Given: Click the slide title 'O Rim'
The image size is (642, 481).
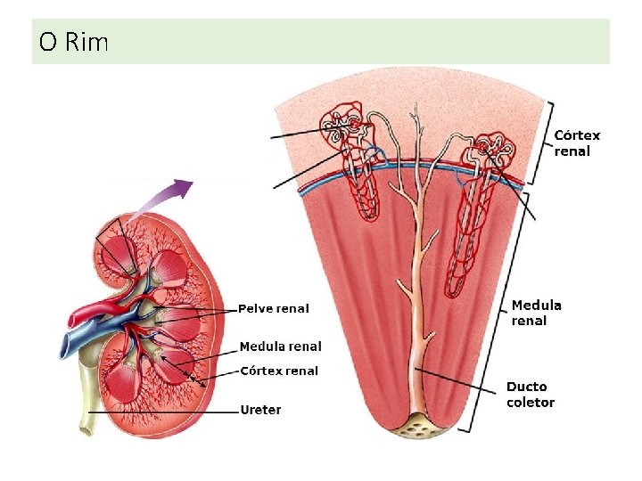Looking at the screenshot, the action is point(74,42).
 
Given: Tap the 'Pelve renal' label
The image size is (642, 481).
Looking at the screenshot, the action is point(274,308).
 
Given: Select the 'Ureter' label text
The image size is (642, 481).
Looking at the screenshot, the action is point(260,410).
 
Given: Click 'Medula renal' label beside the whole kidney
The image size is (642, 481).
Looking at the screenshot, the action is point(281,346).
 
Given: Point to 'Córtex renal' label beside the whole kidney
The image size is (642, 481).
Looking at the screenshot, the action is point(279,371).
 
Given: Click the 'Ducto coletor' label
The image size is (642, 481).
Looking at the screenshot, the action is point(531,395).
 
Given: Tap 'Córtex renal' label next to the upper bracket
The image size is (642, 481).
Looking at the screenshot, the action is point(577,143).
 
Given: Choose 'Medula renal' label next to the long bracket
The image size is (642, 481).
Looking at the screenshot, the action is point(537,313).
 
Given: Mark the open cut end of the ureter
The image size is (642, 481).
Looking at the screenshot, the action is point(86,430).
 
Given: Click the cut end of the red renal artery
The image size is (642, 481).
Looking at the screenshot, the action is point(71,319).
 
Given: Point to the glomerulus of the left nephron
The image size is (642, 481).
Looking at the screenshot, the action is point(354,122).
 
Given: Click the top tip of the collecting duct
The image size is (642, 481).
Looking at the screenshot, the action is point(416,104).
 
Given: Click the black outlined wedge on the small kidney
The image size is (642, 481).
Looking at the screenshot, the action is point(116,246).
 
